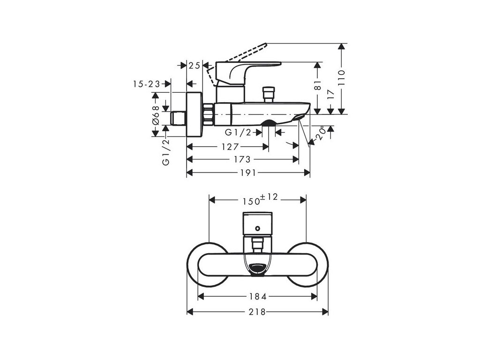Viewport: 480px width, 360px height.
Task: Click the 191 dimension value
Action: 247,173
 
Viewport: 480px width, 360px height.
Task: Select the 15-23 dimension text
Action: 146,83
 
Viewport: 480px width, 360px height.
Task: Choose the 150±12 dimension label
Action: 260,200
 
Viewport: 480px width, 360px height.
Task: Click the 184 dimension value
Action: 257,296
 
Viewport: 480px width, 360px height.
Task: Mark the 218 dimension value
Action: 257,312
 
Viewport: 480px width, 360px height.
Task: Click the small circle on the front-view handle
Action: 257,228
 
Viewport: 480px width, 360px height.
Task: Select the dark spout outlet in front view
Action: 257,269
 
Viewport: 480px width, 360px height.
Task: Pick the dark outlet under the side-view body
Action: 268,124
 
